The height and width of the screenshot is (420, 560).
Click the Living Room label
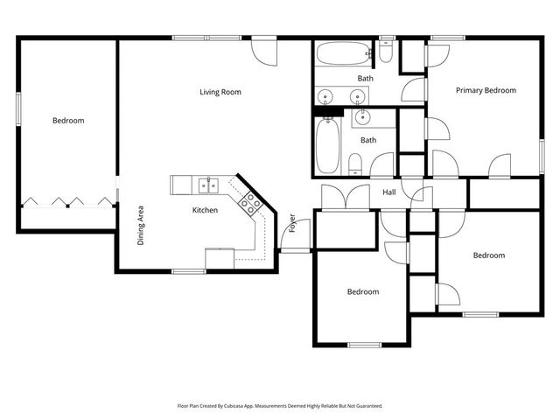pos(220,92)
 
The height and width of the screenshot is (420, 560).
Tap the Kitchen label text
pos(205,210)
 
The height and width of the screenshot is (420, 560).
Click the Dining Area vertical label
pos(140,225)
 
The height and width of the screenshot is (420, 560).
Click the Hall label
pos(390,192)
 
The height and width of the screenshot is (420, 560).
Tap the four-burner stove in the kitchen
pos(250,203)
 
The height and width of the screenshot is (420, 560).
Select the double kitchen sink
pos(207,184)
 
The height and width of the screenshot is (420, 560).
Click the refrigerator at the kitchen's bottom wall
pos(220,259)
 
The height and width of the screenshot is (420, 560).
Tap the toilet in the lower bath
pos(355,164)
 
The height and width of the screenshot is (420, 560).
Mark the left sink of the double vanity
pos(325,96)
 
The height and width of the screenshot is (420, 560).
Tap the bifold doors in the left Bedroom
pos(68,200)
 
